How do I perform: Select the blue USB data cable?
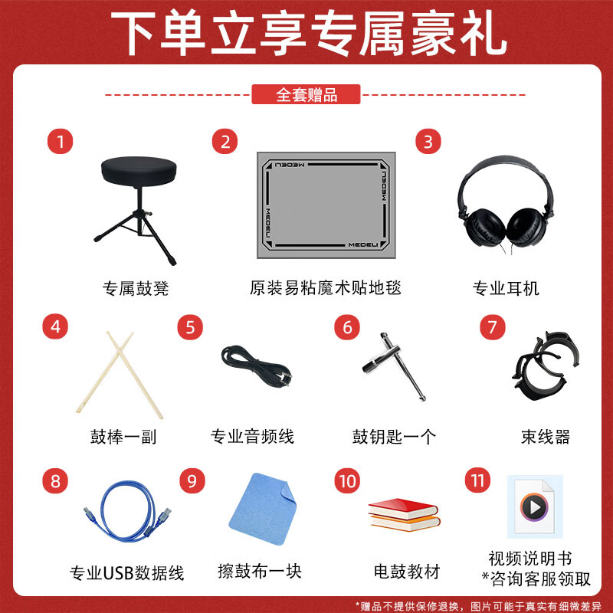(126, 516)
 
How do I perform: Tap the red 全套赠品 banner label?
(306, 94)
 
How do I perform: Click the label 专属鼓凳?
(136, 289)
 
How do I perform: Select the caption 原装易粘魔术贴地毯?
(326, 288)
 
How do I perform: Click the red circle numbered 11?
(477, 480)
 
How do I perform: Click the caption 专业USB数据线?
(127, 572)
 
